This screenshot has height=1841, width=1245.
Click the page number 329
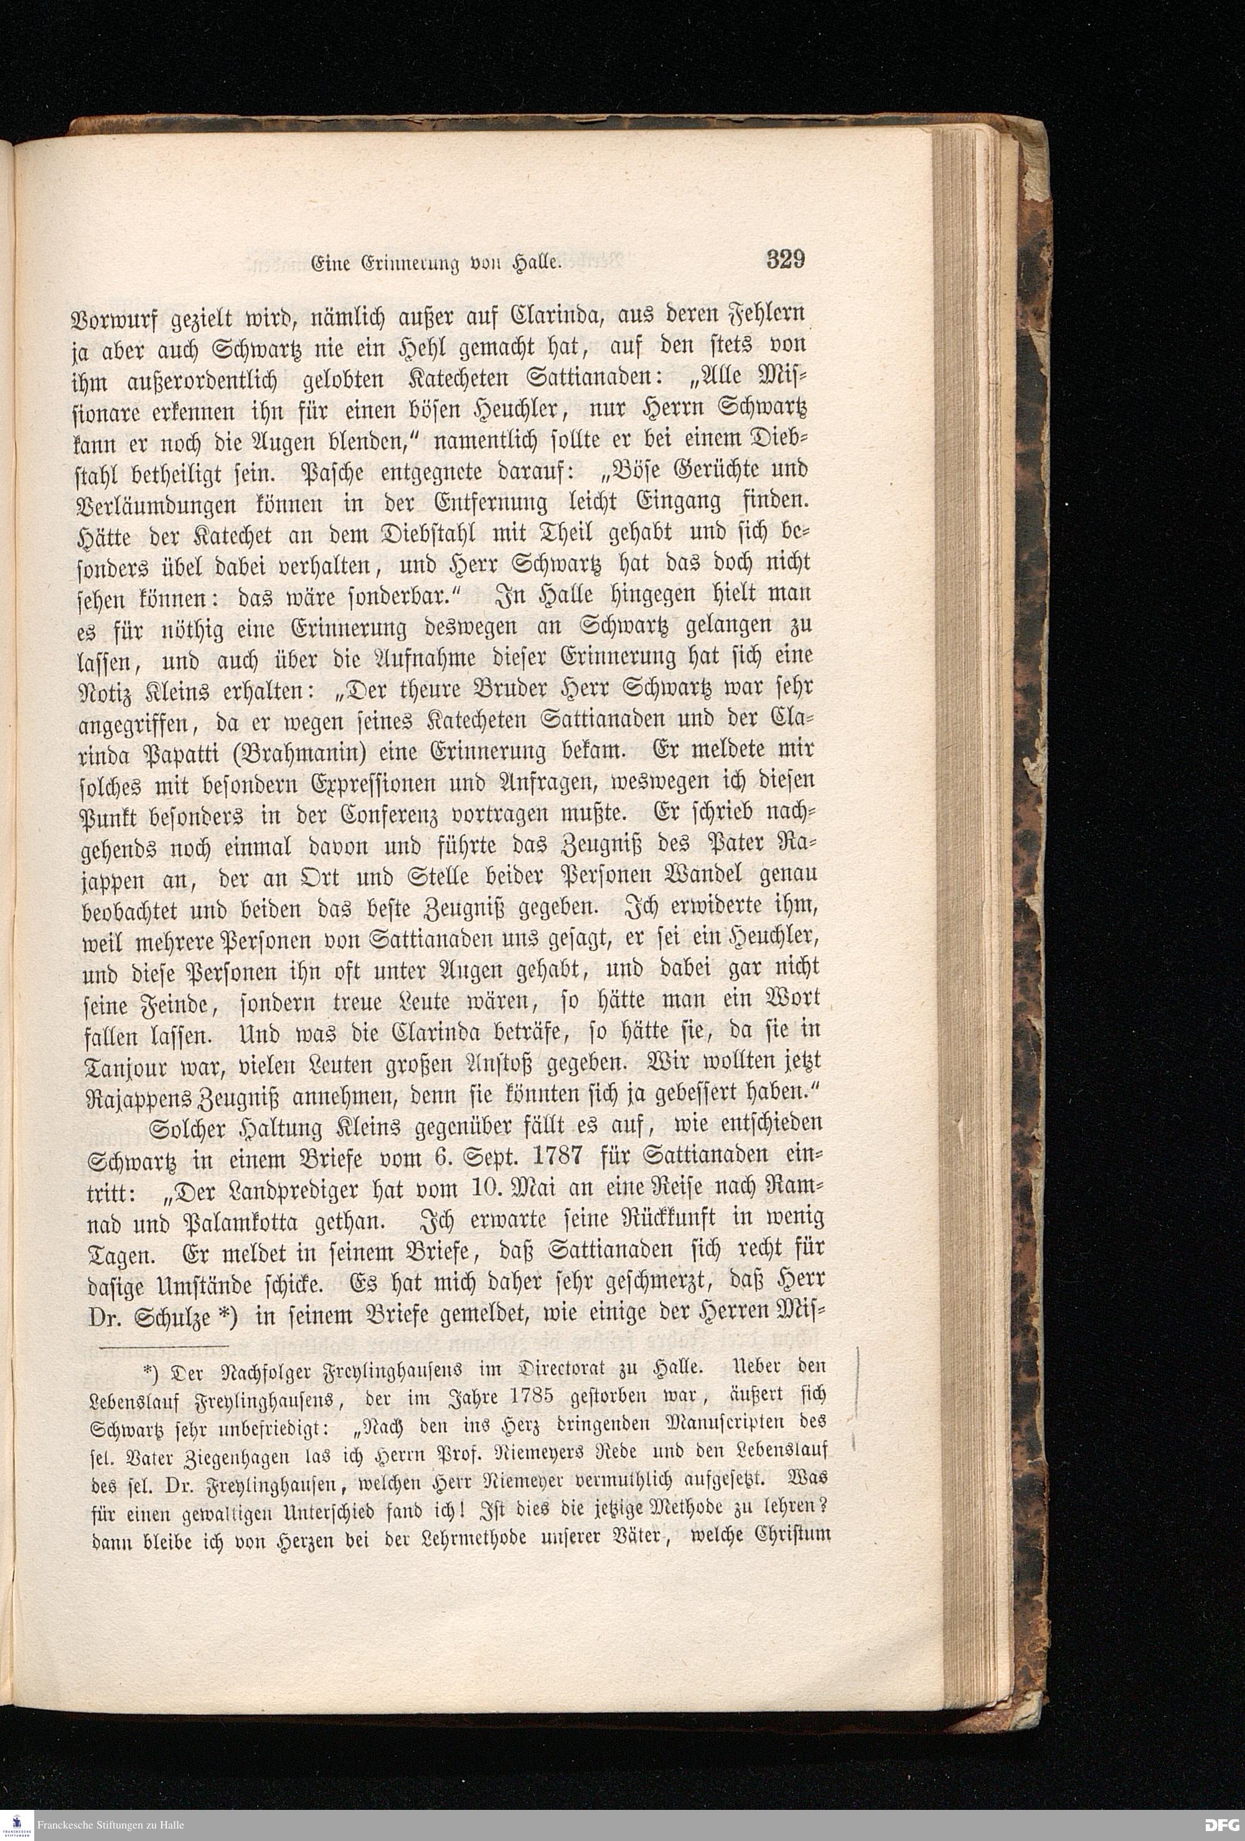pyautogui.click(x=786, y=261)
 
